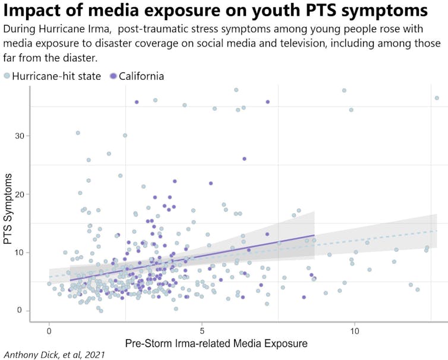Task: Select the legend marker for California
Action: click(x=113, y=76)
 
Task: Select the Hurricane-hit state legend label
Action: click(x=56, y=76)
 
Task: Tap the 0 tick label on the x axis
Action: click(x=49, y=330)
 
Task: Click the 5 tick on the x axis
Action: click(x=202, y=330)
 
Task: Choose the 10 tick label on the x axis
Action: click(x=355, y=330)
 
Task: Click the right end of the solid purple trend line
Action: click(x=314, y=235)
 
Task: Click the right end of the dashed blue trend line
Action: click(x=437, y=230)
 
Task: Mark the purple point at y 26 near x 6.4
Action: click(x=244, y=159)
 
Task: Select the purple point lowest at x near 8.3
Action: click(x=304, y=297)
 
